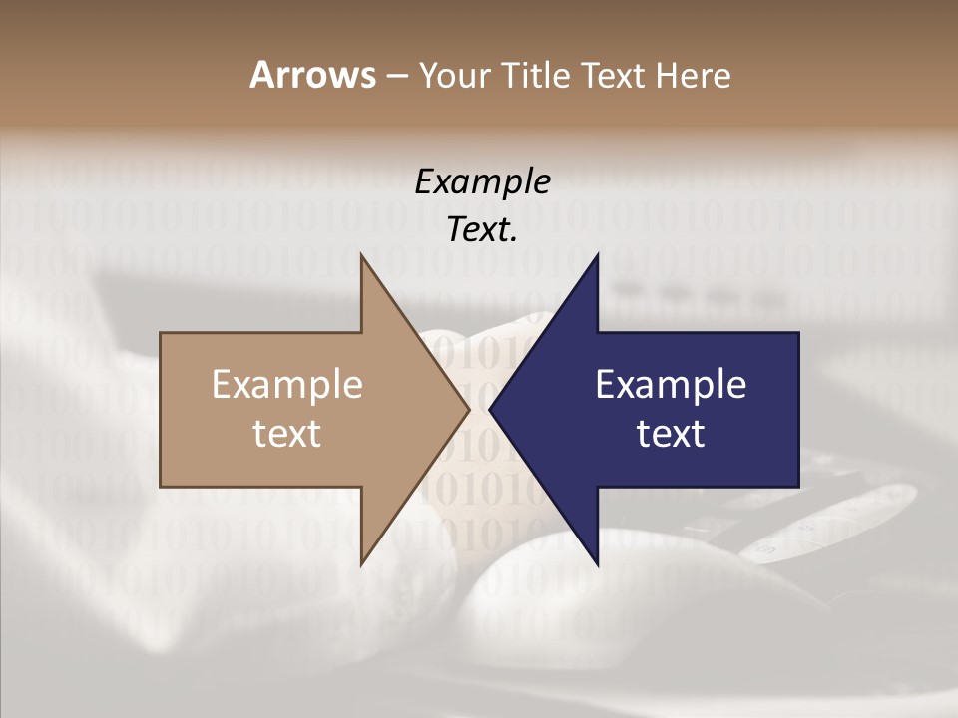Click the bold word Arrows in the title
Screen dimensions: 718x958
click(x=312, y=75)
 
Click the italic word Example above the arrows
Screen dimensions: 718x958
click(x=483, y=181)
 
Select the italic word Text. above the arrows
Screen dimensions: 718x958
click(x=483, y=229)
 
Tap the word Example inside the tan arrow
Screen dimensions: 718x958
click(x=287, y=385)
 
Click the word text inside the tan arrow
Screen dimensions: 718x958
click(x=287, y=434)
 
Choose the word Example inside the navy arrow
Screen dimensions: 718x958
click(x=671, y=385)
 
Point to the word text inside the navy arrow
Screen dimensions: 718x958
click(x=671, y=434)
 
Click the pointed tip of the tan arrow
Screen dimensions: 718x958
click(x=469, y=409)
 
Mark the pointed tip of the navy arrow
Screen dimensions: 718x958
click(x=490, y=409)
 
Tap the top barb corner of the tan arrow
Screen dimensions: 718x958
click(x=361, y=254)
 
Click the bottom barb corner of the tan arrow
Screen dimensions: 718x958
click(x=361, y=565)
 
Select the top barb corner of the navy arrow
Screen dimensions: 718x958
click(x=598, y=254)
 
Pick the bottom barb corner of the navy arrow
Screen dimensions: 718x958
click(x=598, y=565)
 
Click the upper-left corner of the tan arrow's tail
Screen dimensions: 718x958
click(x=161, y=332)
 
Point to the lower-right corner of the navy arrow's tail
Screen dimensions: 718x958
click(x=798, y=487)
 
